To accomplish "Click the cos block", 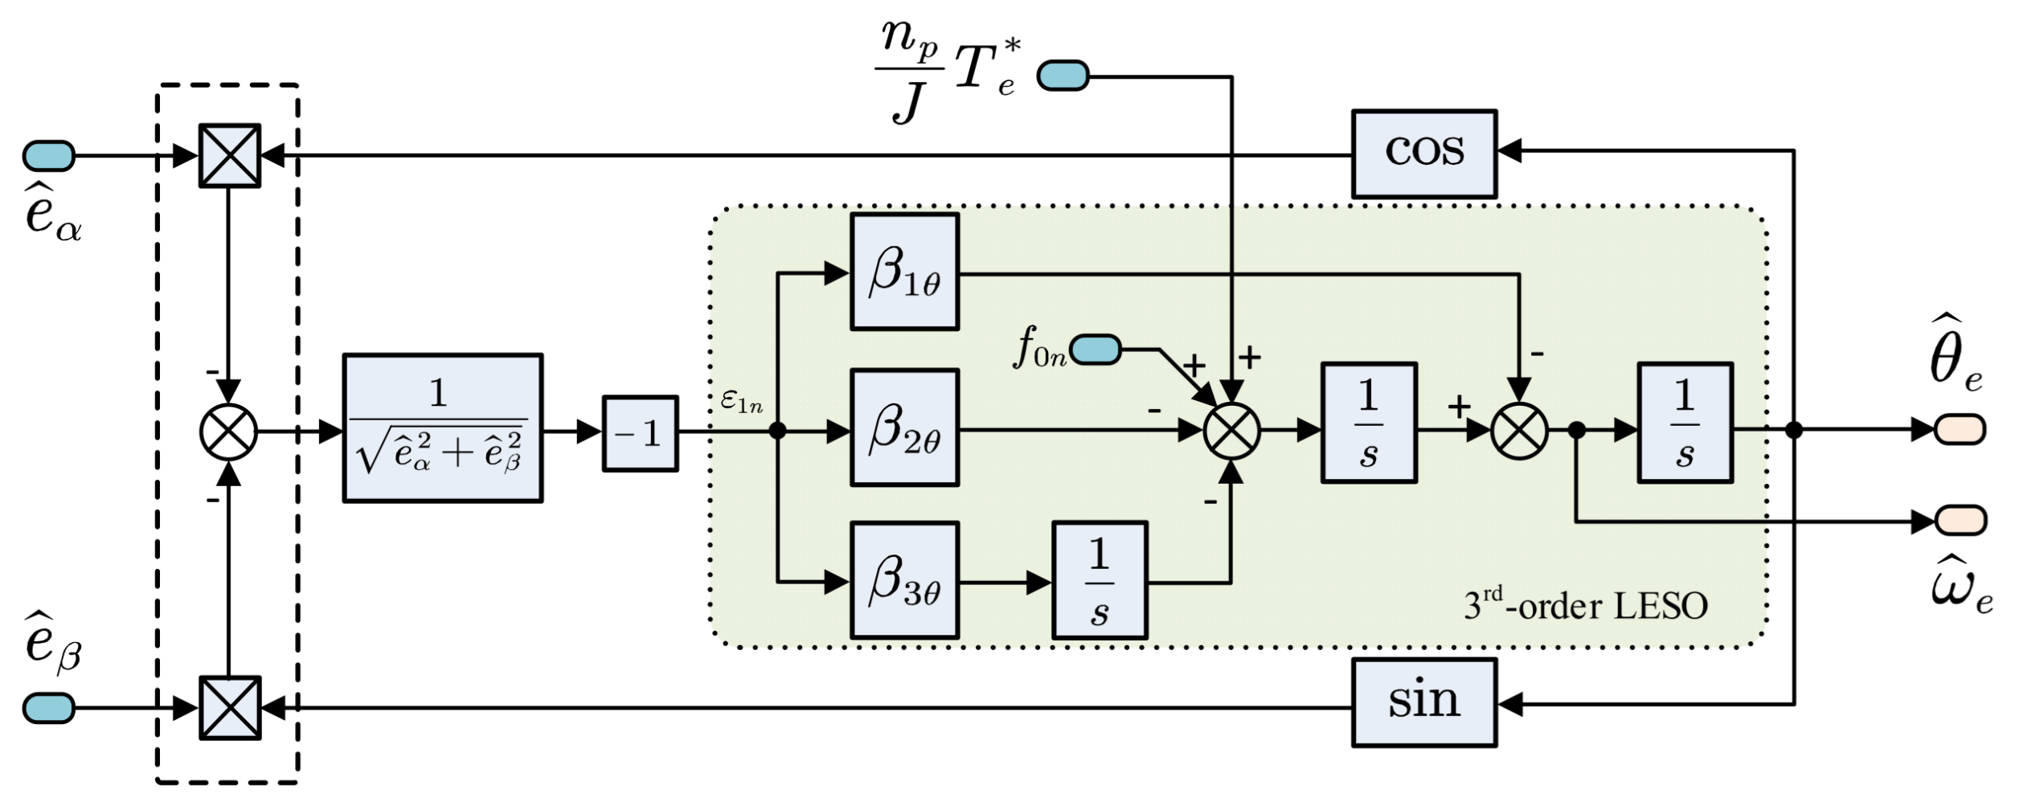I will tap(1423, 153).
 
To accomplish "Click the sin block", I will tap(1423, 702).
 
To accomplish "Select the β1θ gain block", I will tap(904, 272).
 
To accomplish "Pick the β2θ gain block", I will tap(904, 428).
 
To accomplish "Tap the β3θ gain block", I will tap(904, 580).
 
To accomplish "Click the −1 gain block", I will tap(640, 433).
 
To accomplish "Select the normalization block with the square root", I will tap(442, 428).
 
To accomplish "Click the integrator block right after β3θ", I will tap(1099, 580).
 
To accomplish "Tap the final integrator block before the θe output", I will tap(1685, 423).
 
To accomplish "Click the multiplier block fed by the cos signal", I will tap(230, 156).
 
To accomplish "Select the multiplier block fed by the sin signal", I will tap(230, 707).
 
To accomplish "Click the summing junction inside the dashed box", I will tap(228, 432).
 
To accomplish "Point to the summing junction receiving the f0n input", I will tap(1231, 432).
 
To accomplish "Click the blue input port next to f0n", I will tap(1095, 350).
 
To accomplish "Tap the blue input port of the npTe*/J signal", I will tap(1063, 76).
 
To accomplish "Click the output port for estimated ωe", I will tap(1960, 520).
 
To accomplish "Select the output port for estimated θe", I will tap(1960, 429).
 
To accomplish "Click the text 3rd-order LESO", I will tap(1585, 605).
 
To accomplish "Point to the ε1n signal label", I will tap(741, 401).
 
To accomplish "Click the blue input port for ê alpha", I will tap(48, 156).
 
